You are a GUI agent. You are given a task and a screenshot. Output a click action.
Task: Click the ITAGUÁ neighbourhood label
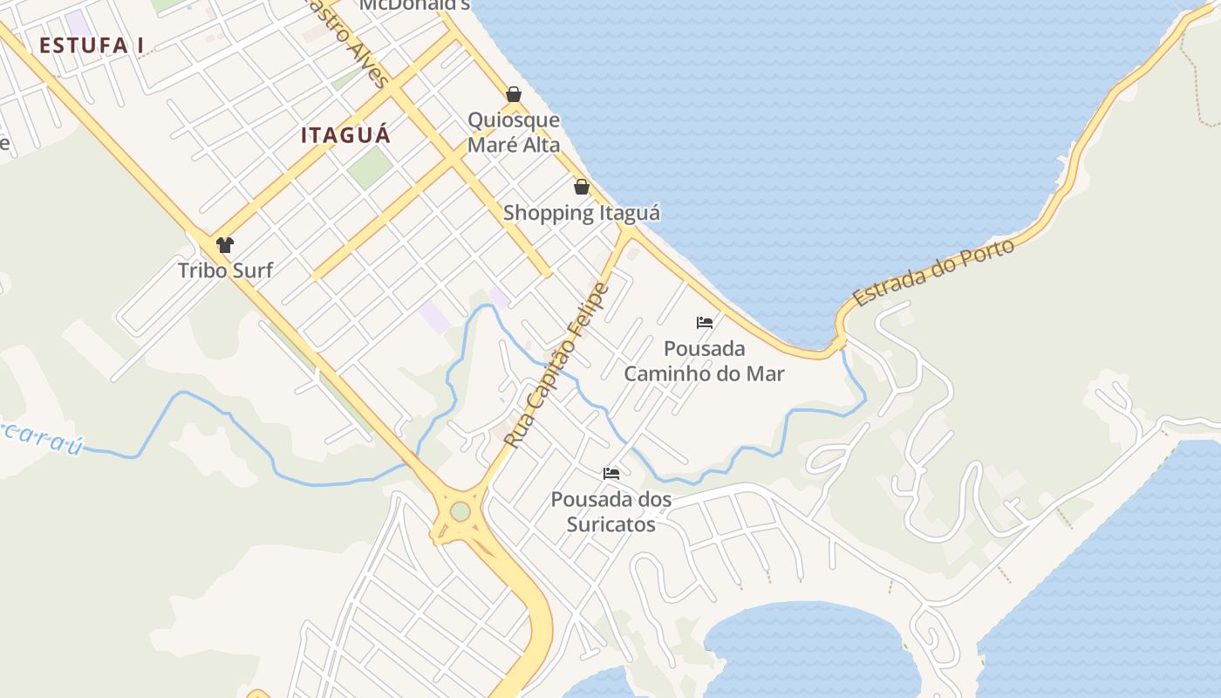(345, 135)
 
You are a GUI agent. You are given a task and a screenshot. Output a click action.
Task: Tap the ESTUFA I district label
(92, 45)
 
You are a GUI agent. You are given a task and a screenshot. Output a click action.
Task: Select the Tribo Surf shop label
(225, 270)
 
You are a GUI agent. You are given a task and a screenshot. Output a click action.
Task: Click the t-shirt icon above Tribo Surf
(225, 245)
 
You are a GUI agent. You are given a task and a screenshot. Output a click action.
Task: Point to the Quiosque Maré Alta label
(514, 133)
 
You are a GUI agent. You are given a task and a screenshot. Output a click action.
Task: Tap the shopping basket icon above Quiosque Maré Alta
(514, 94)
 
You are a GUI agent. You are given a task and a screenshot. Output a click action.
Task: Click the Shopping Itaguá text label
(582, 213)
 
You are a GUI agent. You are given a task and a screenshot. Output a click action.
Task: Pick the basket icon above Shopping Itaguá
(582, 187)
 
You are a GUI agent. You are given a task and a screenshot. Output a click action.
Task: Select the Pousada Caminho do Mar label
(704, 361)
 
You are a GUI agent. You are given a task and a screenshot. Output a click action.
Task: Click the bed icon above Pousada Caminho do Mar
(705, 323)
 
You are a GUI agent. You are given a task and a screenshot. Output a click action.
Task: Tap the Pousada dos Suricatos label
(611, 511)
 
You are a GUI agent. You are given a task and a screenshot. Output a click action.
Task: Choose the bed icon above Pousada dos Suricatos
(611, 474)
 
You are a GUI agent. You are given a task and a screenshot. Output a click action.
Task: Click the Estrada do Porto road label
(934, 272)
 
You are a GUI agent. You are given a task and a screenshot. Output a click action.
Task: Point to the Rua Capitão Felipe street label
(556, 366)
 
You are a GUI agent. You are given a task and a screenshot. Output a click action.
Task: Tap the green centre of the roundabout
(460, 512)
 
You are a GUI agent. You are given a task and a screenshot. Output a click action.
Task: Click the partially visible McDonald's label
(415, 5)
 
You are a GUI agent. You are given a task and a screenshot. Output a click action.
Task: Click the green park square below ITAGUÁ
(370, 167)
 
